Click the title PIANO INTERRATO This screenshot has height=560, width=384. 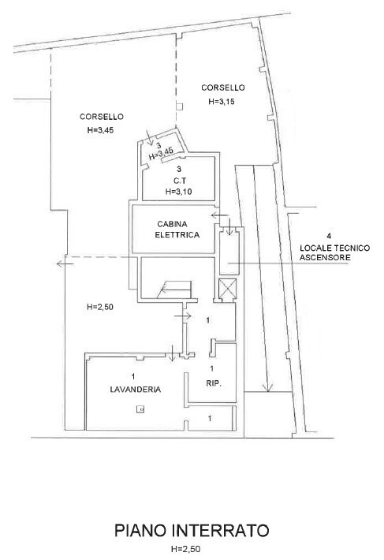[192, 530]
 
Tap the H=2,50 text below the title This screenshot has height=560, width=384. [184, 549]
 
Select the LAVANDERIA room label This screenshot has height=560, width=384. [136, 390]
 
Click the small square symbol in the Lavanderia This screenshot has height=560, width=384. [140, 409]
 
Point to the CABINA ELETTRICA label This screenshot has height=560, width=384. [177, 230]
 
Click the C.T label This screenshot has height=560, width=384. [179, 181]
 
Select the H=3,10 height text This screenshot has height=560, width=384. [178, 192]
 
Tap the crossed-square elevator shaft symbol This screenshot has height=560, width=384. [227, 288]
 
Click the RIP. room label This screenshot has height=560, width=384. [214, 383]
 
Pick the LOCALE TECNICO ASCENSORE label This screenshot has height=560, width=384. [334, 252]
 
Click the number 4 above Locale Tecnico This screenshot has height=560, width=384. [329, 236]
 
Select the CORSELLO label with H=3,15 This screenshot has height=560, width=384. [223, 88]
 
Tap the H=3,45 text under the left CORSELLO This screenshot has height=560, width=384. [100, 130]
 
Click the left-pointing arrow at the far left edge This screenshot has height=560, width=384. [65, 263]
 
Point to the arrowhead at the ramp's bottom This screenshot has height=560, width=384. [267, 387]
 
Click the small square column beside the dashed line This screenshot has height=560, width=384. [180, 106]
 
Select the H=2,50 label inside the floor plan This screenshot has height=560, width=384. [100, 307]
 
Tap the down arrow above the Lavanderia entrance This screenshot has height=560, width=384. [172, 353]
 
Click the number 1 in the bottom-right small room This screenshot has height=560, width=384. [210, 418]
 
